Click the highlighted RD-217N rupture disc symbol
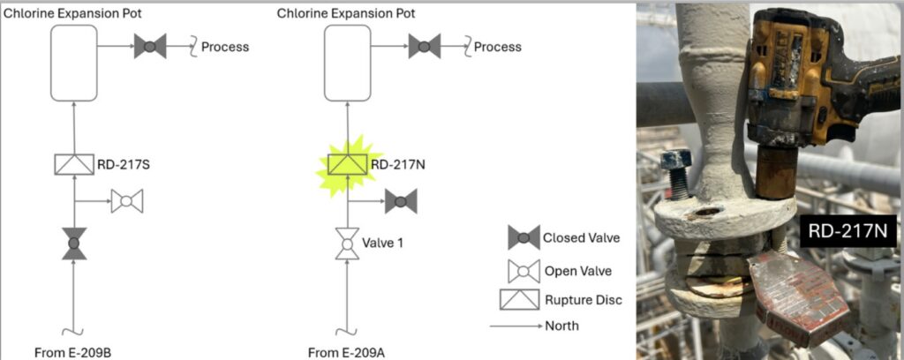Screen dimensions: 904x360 [348, 165]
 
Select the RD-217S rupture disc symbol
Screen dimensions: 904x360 [74, 165]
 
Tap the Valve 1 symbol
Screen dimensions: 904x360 [347, 244]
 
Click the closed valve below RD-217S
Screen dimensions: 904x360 [74, 244]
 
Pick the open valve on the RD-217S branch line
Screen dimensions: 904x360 [127, 201]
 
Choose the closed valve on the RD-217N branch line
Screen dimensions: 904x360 [401, 201]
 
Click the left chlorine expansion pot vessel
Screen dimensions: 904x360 [74, 63]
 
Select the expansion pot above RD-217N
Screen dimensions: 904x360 [347, 63]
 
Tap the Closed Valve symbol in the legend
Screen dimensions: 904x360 [524, 237]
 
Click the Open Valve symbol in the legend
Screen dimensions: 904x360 [524, 271]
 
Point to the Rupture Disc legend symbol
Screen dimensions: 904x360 [519, 299]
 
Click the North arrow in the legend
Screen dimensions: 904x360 [516, 326]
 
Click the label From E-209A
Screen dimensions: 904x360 [346, 353]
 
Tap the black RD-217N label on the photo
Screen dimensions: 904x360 [848, 231]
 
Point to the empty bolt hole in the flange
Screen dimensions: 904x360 [707, 212]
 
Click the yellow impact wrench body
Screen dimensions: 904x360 [807, 75]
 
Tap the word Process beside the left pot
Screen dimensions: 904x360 [225, 47]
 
